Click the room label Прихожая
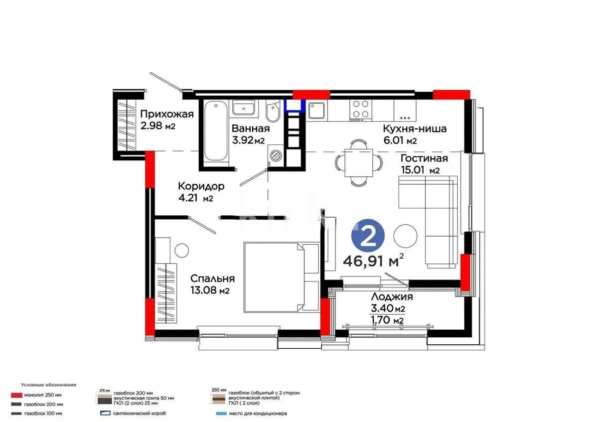[x=166, y=114]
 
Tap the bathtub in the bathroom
[x=215, y=130]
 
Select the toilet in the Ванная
[x=273, y=114]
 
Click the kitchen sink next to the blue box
[x=316, y=111]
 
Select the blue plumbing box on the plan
[x=295, y=105]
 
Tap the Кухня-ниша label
[x=414, y=129]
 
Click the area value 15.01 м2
[x=420, y=171]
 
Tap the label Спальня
[x=213, y=279]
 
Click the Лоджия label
[x=391, y=297]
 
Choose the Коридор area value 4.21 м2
[x=196, y=199]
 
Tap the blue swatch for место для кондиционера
[x=218, y=414]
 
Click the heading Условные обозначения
[x=48, y=385]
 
